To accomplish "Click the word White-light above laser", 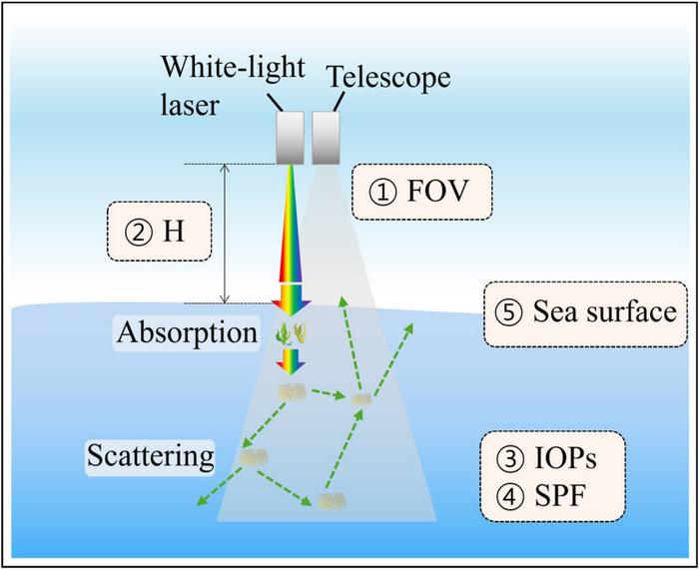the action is [233, 67].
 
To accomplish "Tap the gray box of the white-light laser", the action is [290, 138].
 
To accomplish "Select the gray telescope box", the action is [326, 138].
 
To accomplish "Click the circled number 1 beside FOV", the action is [382, 193].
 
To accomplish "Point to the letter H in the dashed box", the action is [174, 233].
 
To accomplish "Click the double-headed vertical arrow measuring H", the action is [225, 234].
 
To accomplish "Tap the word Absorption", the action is [188, 332].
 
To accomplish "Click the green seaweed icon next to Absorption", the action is [292, 334].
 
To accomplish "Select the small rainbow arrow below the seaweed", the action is [291, 361].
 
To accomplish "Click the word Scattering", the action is [151, 455].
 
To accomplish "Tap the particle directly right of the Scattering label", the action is [254, 457].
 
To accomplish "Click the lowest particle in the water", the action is [333, 500].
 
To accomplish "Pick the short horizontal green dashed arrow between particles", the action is [329, 394].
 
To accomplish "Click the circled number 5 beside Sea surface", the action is [508, 312].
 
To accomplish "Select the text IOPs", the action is [565, 458].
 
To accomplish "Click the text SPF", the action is [560, 496].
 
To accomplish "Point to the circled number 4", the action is [508, 496].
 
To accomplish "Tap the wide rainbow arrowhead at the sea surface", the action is [292, 299].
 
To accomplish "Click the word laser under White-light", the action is [190, 106].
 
